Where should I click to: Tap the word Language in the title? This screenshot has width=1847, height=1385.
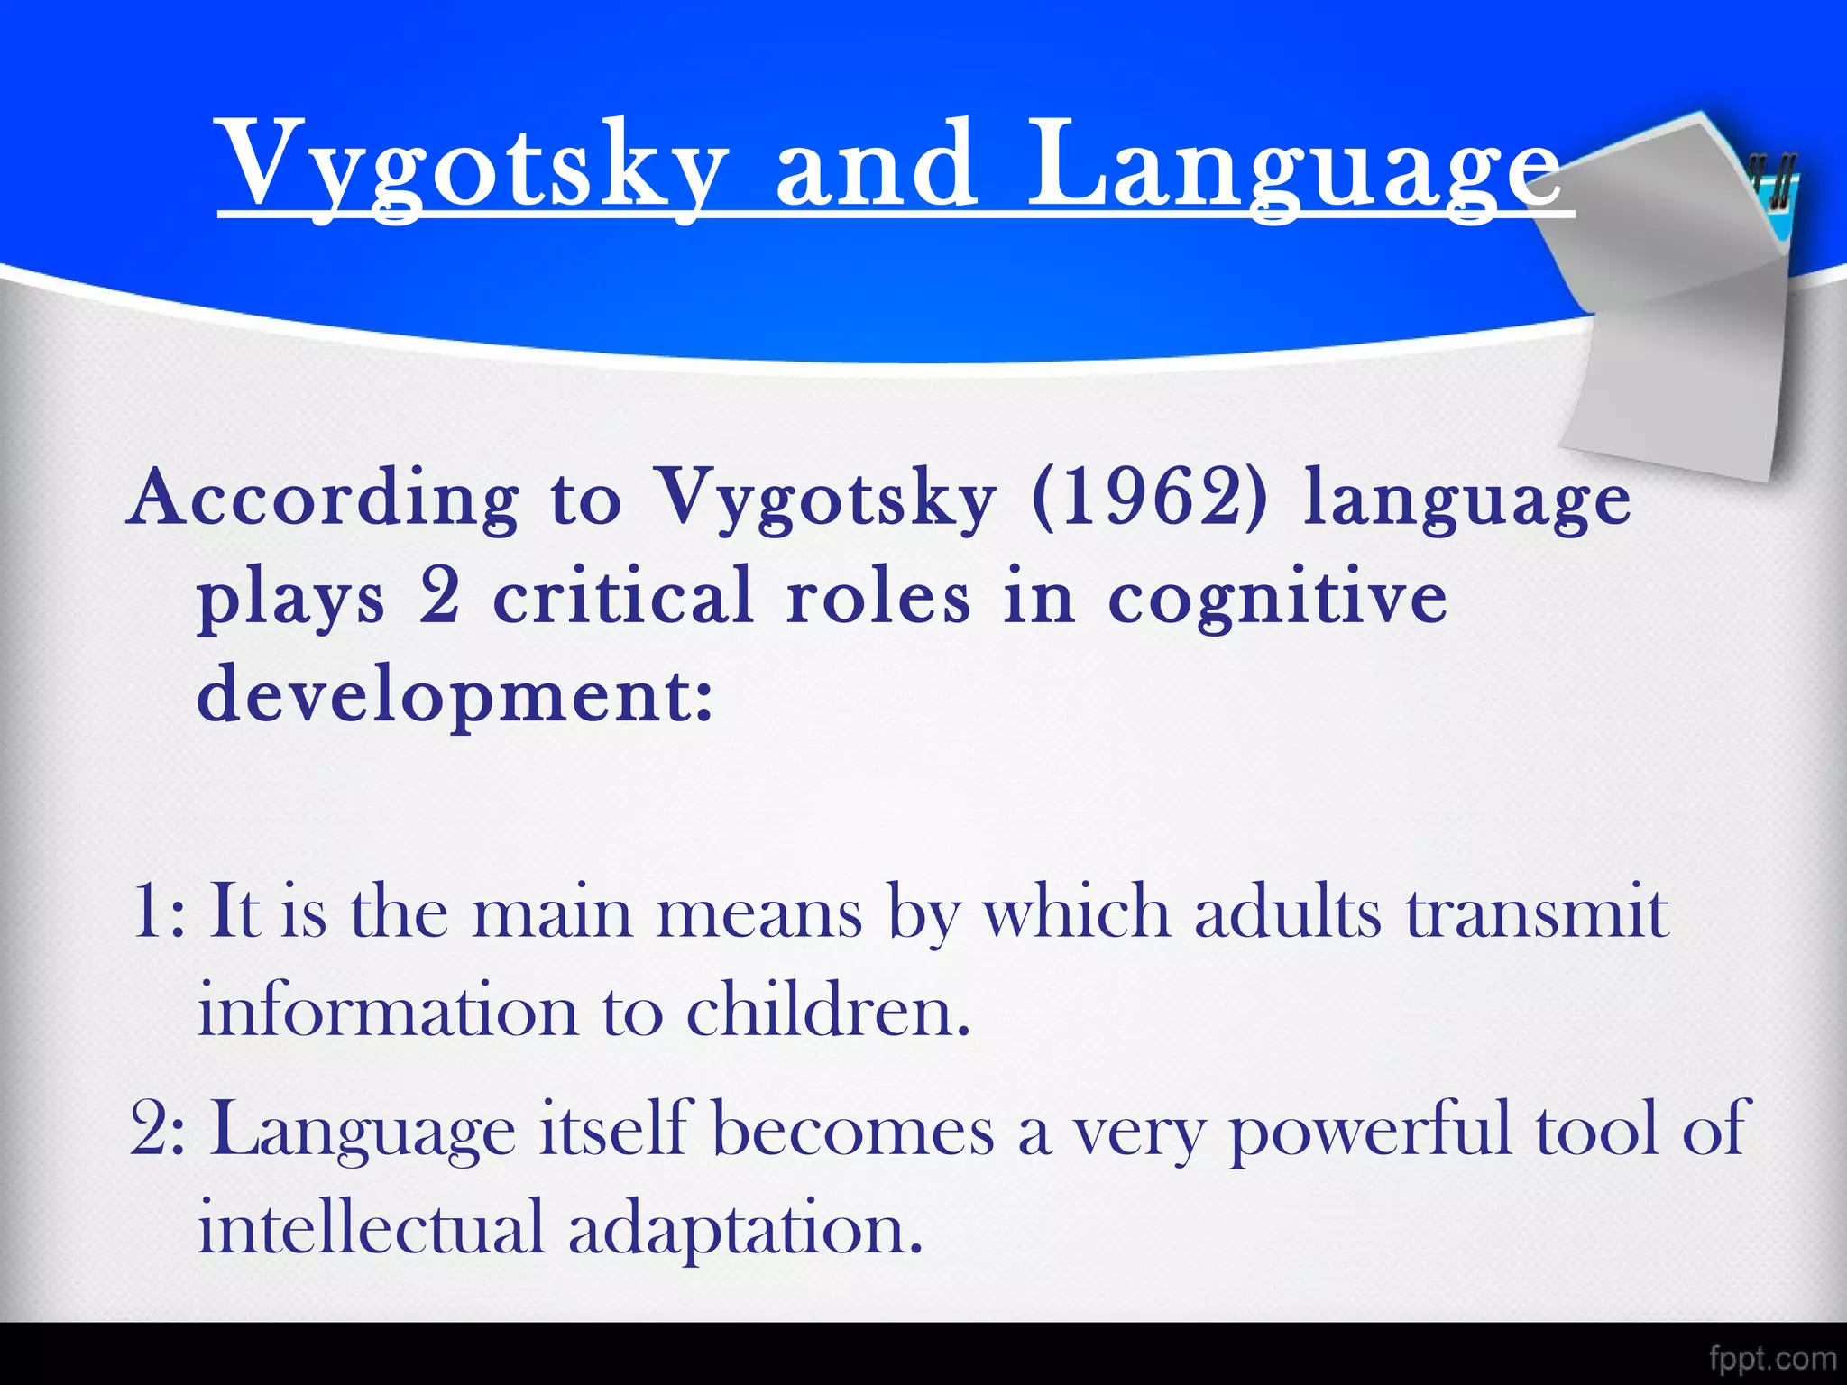[x=1294, y=167]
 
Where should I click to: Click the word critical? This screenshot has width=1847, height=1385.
[x=623, y=597]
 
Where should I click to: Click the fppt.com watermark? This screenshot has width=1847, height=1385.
[x=1772, y=1358]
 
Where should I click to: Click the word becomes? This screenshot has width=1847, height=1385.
[x=853, y=1129]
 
